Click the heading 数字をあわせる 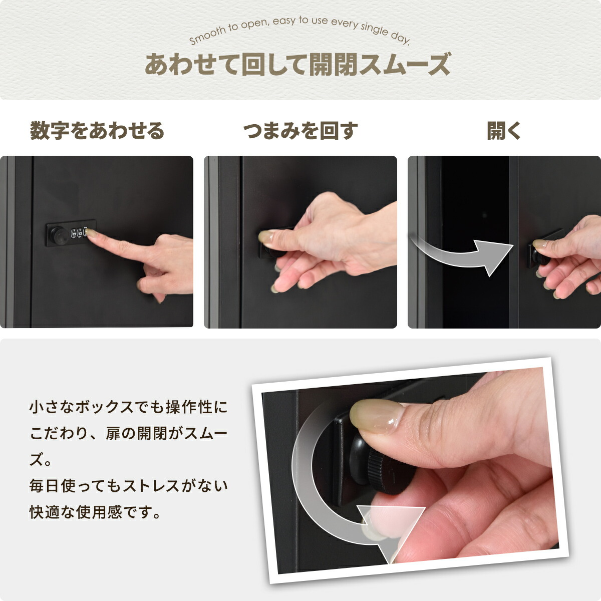point(97,131)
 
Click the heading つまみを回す point(300,131)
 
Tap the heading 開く point(504,131)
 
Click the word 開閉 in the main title point(333,65)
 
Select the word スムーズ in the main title point(405,65)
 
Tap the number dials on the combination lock point(79,232)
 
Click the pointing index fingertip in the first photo point(91,232)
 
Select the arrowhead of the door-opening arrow point(492,258)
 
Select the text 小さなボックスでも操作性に point(129,407)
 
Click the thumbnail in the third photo point(539,244)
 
